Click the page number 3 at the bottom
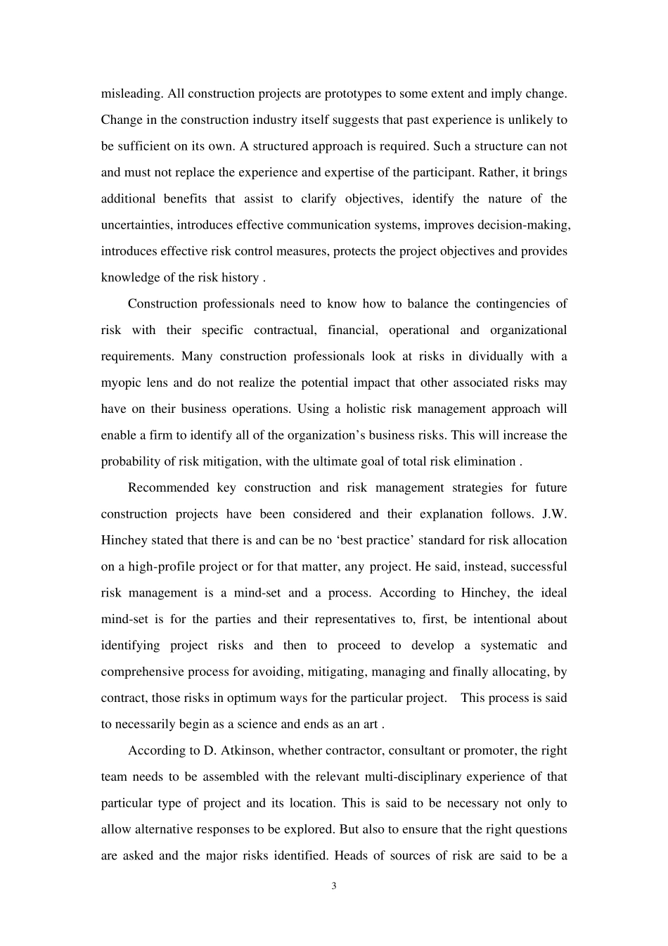[334, 886]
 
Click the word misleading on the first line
[131, 94]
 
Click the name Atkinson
[245, 750]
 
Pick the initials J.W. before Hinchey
[555, 513]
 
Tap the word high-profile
[161, 566]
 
